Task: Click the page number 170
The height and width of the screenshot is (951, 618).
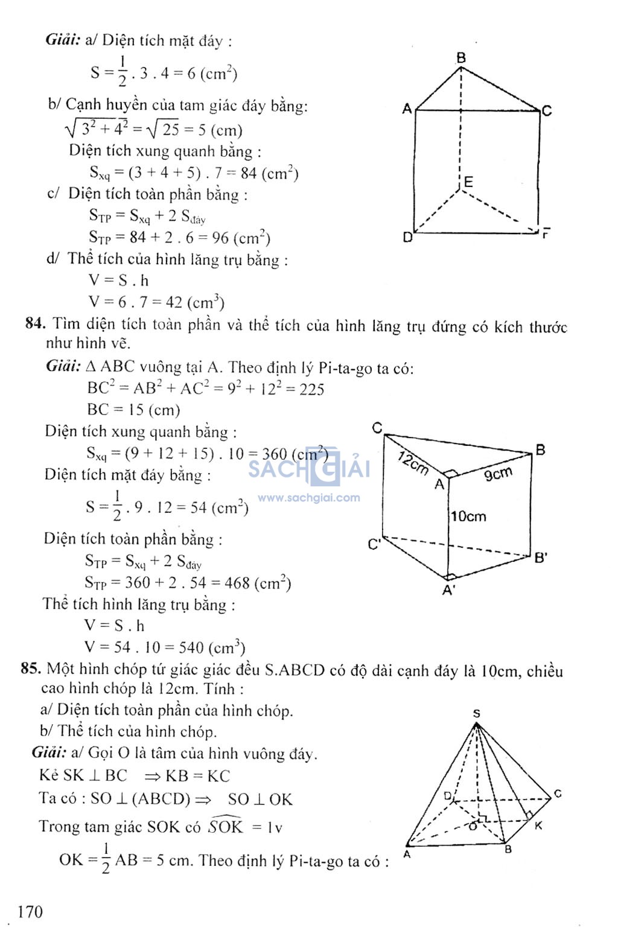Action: click(30, 911)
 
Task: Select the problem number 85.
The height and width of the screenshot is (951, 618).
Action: click(30, 668)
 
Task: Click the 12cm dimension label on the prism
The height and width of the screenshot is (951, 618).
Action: click(413, 463)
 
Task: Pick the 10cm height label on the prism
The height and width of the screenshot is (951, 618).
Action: click(468, 516)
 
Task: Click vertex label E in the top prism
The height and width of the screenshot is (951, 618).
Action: click(468, 182)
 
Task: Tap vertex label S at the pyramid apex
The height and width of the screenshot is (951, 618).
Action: click(476, 713)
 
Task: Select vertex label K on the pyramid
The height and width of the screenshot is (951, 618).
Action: click(538, 825)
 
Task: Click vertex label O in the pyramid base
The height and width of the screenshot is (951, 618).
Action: click(473, 826)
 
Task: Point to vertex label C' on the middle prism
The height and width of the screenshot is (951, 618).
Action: click(374, 544)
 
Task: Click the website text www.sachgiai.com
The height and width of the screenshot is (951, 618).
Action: click(308, 498)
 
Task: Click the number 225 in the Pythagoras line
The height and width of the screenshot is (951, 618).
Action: click(311, 389)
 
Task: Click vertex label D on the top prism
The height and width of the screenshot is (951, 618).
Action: click(407, 237)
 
